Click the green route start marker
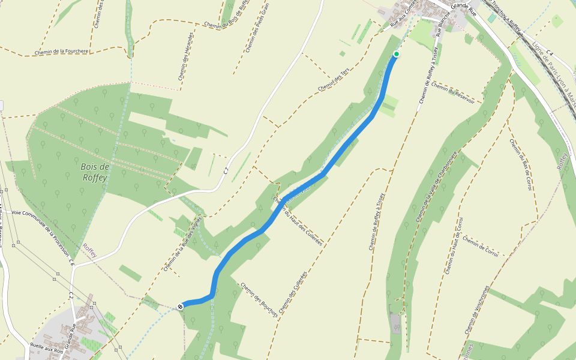pyautogui.click(x=396, y=54)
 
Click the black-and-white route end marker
pyautogui.click(x=180, y=307)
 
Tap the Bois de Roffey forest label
pyautogui.click(x=94, y=172)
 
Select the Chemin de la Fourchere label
pyautogui.click(x=62, y=52)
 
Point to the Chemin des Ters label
pyautogui.click(x=334, y=80)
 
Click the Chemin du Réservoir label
pyautogui.click(x=453, y=92)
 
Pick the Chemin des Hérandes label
pyautogui.click(x=184, y=56)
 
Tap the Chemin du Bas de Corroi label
pyautogui.click(x=521, y=165)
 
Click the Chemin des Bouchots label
pyautogui.click(x=259, y=299)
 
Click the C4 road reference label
pyautogui.click(x=548, y=55)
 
